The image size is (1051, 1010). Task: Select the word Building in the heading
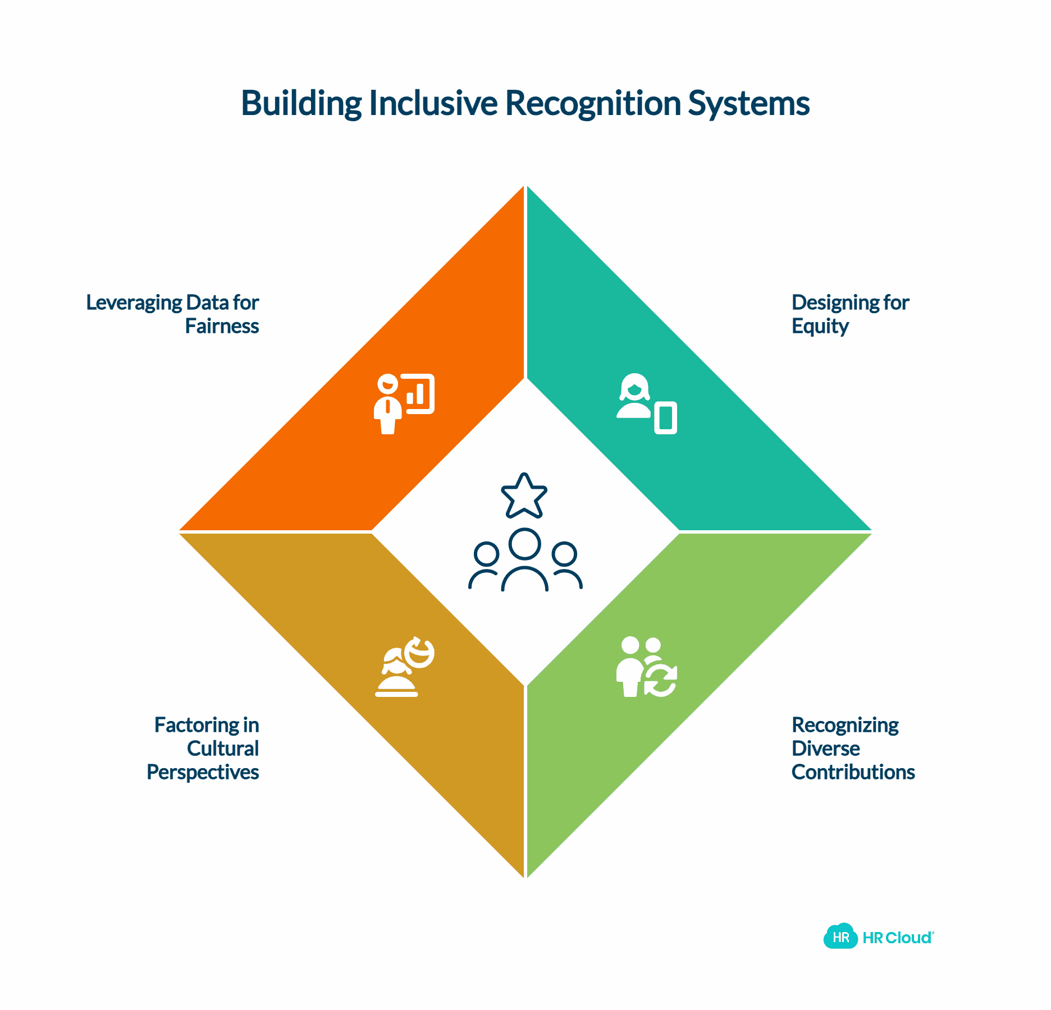point(301,103)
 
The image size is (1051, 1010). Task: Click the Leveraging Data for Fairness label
point(173,314)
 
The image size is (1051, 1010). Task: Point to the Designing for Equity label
point(849,314)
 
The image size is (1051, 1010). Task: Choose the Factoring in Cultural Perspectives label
point(203,749)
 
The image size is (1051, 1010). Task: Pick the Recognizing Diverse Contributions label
point(852,749)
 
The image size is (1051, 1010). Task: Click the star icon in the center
point(524,496)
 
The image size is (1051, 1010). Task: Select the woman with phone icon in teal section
point(646,403)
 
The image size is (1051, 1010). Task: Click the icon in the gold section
point(404,667)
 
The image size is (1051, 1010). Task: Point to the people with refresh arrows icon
point(646,667)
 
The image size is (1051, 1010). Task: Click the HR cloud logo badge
point(840,936)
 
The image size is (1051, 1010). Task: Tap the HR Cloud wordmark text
point(898,938)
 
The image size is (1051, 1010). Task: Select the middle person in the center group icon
point(524,559)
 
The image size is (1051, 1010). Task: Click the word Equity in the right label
point(820,327)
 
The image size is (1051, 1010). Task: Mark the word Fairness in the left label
point(222,327)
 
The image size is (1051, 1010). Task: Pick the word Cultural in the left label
point(223,749)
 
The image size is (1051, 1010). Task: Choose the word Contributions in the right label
point(853,772)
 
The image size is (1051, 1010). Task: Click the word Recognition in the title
point(593,103)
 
